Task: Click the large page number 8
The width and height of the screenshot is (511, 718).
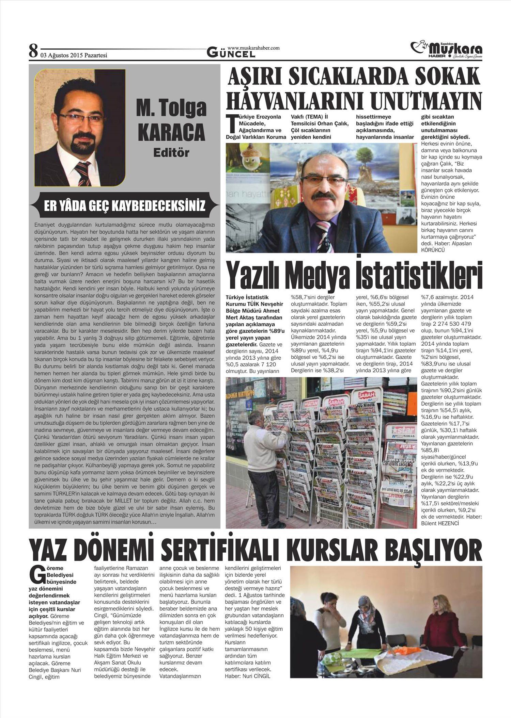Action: (33, 51)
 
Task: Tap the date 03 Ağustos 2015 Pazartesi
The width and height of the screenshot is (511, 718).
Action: (74, 55)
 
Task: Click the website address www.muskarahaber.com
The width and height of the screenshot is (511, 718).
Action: (253, 48)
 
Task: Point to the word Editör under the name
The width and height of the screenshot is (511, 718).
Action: (171, 152)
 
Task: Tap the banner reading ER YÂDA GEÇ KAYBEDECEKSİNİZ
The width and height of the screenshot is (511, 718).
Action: (125, 206)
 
